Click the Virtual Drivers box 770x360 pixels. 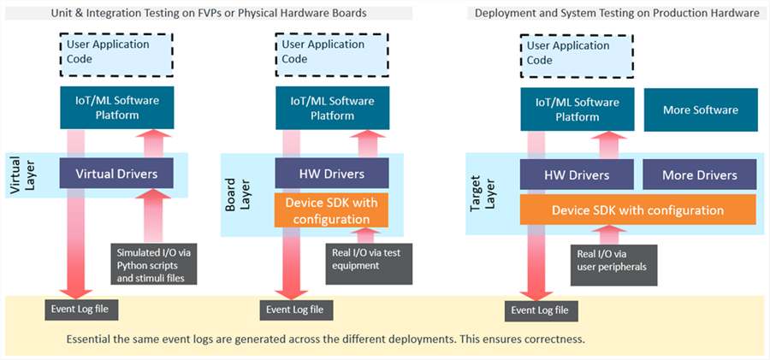pos(116,173)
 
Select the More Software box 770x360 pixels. pos(700,110)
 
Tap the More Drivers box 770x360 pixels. pos(699,174)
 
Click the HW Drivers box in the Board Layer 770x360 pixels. pos(331,173)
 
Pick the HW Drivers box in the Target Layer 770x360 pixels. pos(577,174)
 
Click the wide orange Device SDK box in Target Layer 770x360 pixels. pos(638,210)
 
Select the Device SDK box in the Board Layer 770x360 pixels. pos(331,210)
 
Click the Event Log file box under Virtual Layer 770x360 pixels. pos(81,309)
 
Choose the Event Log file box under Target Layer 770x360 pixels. pos(542,310)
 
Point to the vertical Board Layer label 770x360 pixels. pos(237,194)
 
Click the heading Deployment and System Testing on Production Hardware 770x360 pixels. pos(617,14)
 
